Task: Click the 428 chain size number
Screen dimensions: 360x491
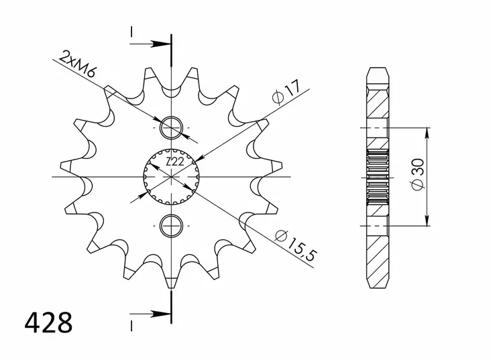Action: (48, 323)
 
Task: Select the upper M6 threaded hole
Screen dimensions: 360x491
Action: (172, 126)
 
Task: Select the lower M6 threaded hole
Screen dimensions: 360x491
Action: (172, 225)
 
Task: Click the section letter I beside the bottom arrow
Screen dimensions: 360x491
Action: (132, 324)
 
